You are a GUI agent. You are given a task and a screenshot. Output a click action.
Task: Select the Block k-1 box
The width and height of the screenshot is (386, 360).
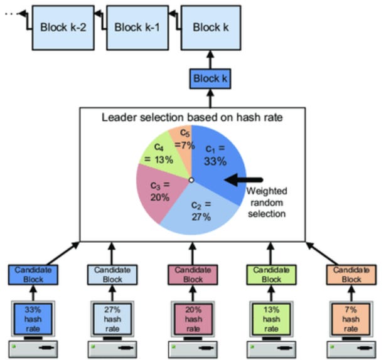pos(137,28)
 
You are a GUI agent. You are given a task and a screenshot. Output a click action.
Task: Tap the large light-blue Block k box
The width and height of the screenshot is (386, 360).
pos(206,28)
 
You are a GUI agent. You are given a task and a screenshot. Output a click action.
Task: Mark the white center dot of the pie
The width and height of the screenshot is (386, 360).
pos(191,180)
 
